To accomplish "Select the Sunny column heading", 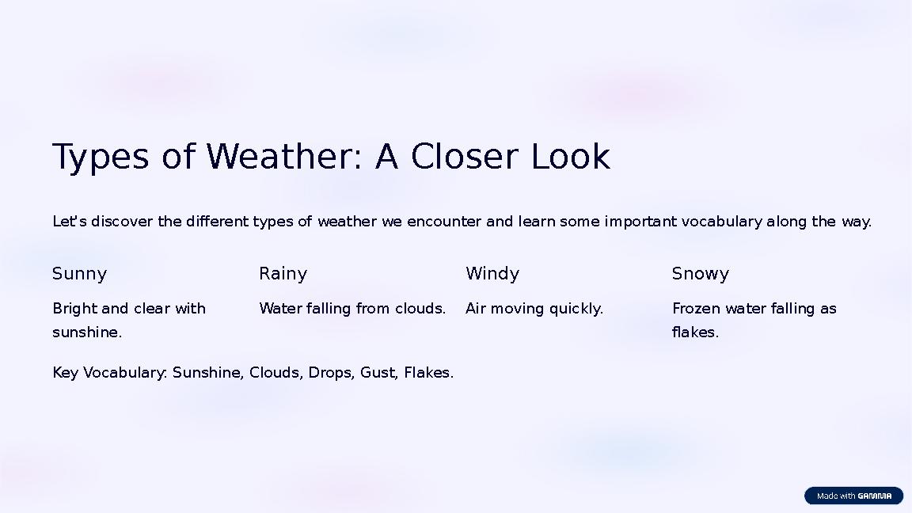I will pos(79,274).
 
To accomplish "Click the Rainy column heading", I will pos(283,274).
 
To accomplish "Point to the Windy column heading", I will pos(492,274).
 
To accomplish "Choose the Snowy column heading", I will pos(700,274).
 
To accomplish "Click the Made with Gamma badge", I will pos(853,496).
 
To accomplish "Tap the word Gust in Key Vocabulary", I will pos(378,373).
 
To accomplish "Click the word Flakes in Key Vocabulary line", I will pos(428,373).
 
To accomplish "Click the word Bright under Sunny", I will pos(74,309).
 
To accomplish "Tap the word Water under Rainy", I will pos(280,309).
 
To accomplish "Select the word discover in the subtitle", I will pos(123,222).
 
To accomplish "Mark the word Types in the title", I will pos(100,157).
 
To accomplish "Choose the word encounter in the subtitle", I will pos(444,222).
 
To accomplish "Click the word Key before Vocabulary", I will pos(66,373).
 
